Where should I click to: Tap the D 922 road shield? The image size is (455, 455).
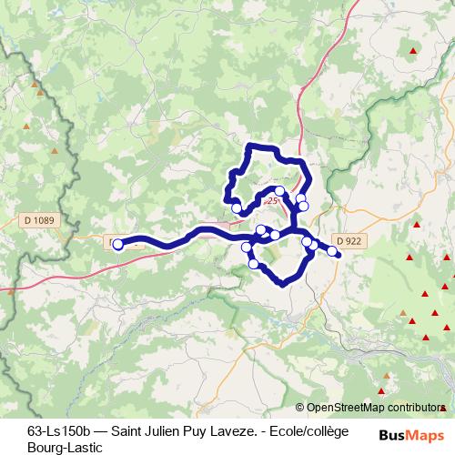coord(348,240)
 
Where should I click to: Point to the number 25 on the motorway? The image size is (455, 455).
coord(272,199)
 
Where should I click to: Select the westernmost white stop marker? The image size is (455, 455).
coord(117,244)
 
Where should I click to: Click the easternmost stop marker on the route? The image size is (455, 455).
coord(333,251)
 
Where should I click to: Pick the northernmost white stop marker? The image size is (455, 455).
coord(301,173)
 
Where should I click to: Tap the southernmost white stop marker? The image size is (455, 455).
coord(254,264)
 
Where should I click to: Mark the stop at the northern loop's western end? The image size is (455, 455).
coord(238,208)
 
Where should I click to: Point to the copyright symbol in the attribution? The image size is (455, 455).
coord(300,409)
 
